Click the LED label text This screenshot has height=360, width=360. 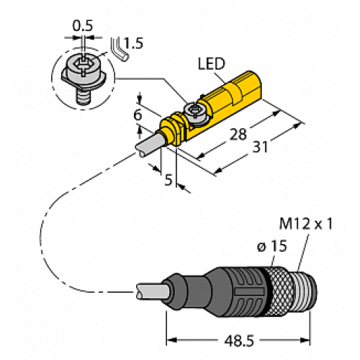click(210, 66)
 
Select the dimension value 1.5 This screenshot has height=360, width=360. click(134, 42)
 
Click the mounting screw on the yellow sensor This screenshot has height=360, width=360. click(192, 110)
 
